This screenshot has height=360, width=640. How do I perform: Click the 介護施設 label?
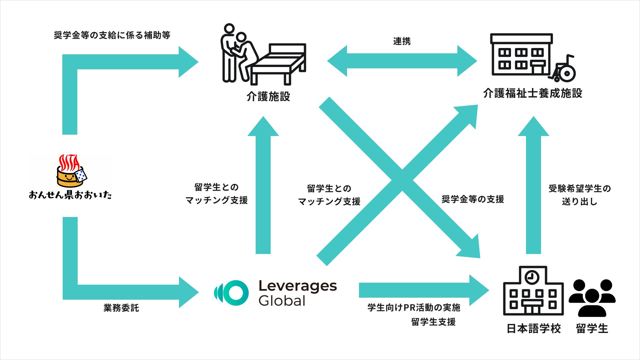(268, 97)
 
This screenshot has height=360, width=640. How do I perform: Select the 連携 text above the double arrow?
(402, 41)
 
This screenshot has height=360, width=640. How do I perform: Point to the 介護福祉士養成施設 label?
(533, 93)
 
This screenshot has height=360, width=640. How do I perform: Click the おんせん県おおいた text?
(70, 195)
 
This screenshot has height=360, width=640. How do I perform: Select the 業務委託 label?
(121, 308)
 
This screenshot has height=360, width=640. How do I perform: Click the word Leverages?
(298, 286)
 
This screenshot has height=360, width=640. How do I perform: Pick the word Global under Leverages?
(282, 301)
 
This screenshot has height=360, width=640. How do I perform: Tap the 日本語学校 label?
(534, 329)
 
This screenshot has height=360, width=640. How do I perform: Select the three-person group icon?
(592, 298)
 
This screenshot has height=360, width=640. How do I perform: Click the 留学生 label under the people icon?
(592, 329)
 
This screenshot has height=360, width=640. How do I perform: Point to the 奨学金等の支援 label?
(473, 199)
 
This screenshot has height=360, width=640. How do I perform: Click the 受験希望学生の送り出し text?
(580, 195)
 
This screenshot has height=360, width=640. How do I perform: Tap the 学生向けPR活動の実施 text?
(414, 308)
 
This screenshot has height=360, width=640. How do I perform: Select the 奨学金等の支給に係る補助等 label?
(112, 35)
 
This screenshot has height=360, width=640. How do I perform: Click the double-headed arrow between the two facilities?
(402, 61)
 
